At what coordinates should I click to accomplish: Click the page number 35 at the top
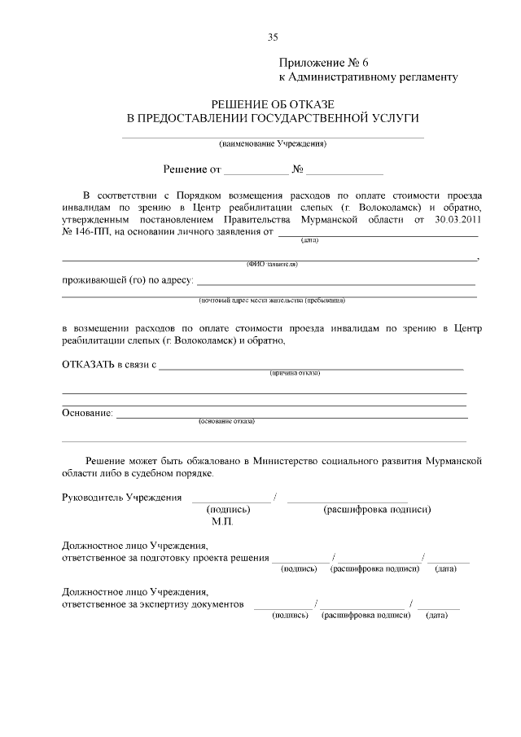click(273, 37)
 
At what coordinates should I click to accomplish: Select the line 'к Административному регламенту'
click(368, 77)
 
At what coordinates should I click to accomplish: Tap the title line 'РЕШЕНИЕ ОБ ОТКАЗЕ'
click(273, 104)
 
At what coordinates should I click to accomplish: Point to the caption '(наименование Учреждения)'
click(273, 143)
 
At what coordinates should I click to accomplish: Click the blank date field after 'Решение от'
click(256, 170)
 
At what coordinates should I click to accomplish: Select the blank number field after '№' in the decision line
click(344, 170)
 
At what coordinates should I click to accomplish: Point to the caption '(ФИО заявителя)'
click(272, 264)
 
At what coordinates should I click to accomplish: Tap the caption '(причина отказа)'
click(295, 373)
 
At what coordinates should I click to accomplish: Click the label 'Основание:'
click(87, 413)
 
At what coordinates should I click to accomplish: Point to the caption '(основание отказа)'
click(226, 422)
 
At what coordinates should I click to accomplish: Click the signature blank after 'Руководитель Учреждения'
click(231, 498)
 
